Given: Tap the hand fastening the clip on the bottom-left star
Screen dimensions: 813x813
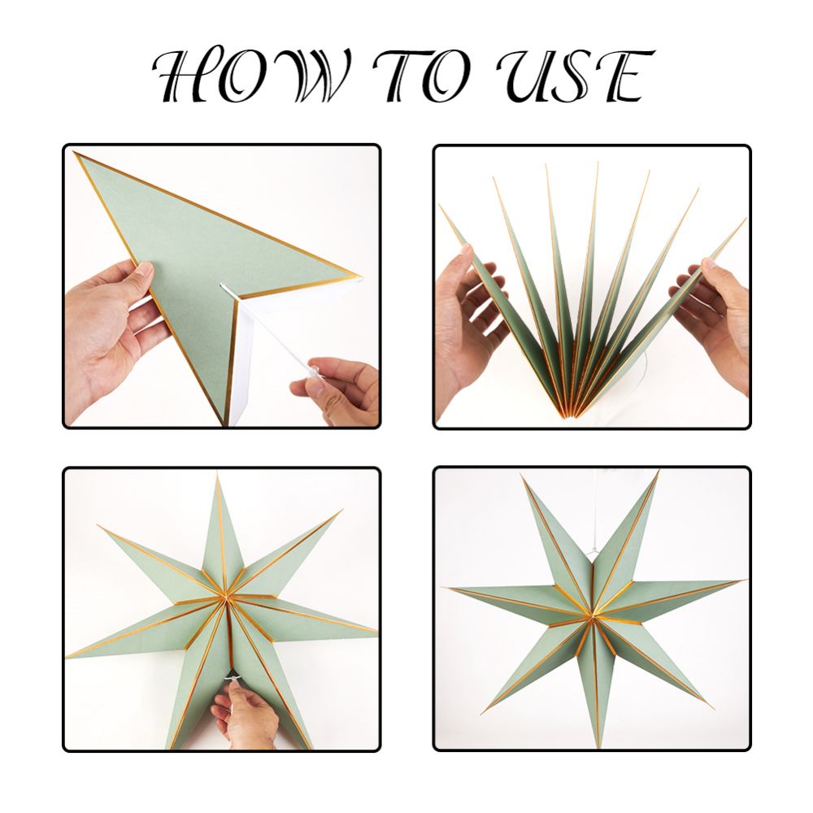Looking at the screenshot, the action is point(244,715).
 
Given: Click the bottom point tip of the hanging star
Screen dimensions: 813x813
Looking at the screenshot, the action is point(598,747).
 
